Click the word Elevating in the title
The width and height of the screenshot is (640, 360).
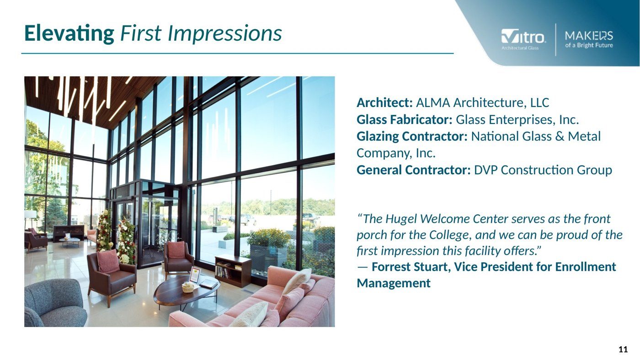click(69, 34)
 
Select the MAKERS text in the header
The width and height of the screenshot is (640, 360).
click(589, 36)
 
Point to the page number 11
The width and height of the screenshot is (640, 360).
click(623, 349)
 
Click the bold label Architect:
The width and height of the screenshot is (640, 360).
click(384, 102)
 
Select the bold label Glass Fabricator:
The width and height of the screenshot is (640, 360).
click(404, 120)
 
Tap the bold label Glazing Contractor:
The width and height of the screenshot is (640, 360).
click(412, 137)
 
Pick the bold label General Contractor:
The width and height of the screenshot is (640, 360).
click(413, 170)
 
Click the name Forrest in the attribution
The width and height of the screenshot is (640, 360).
click(390, 267)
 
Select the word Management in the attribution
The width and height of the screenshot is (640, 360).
click(394, 283)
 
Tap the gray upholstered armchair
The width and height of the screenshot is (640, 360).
click(55, 303)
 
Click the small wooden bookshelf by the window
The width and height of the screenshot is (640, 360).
click(233, 270)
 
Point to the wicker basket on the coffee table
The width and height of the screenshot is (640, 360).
click(188, 287)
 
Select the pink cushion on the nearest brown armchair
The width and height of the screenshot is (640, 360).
click(108, 261)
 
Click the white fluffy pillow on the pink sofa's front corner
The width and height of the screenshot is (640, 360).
click(251, 315)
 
